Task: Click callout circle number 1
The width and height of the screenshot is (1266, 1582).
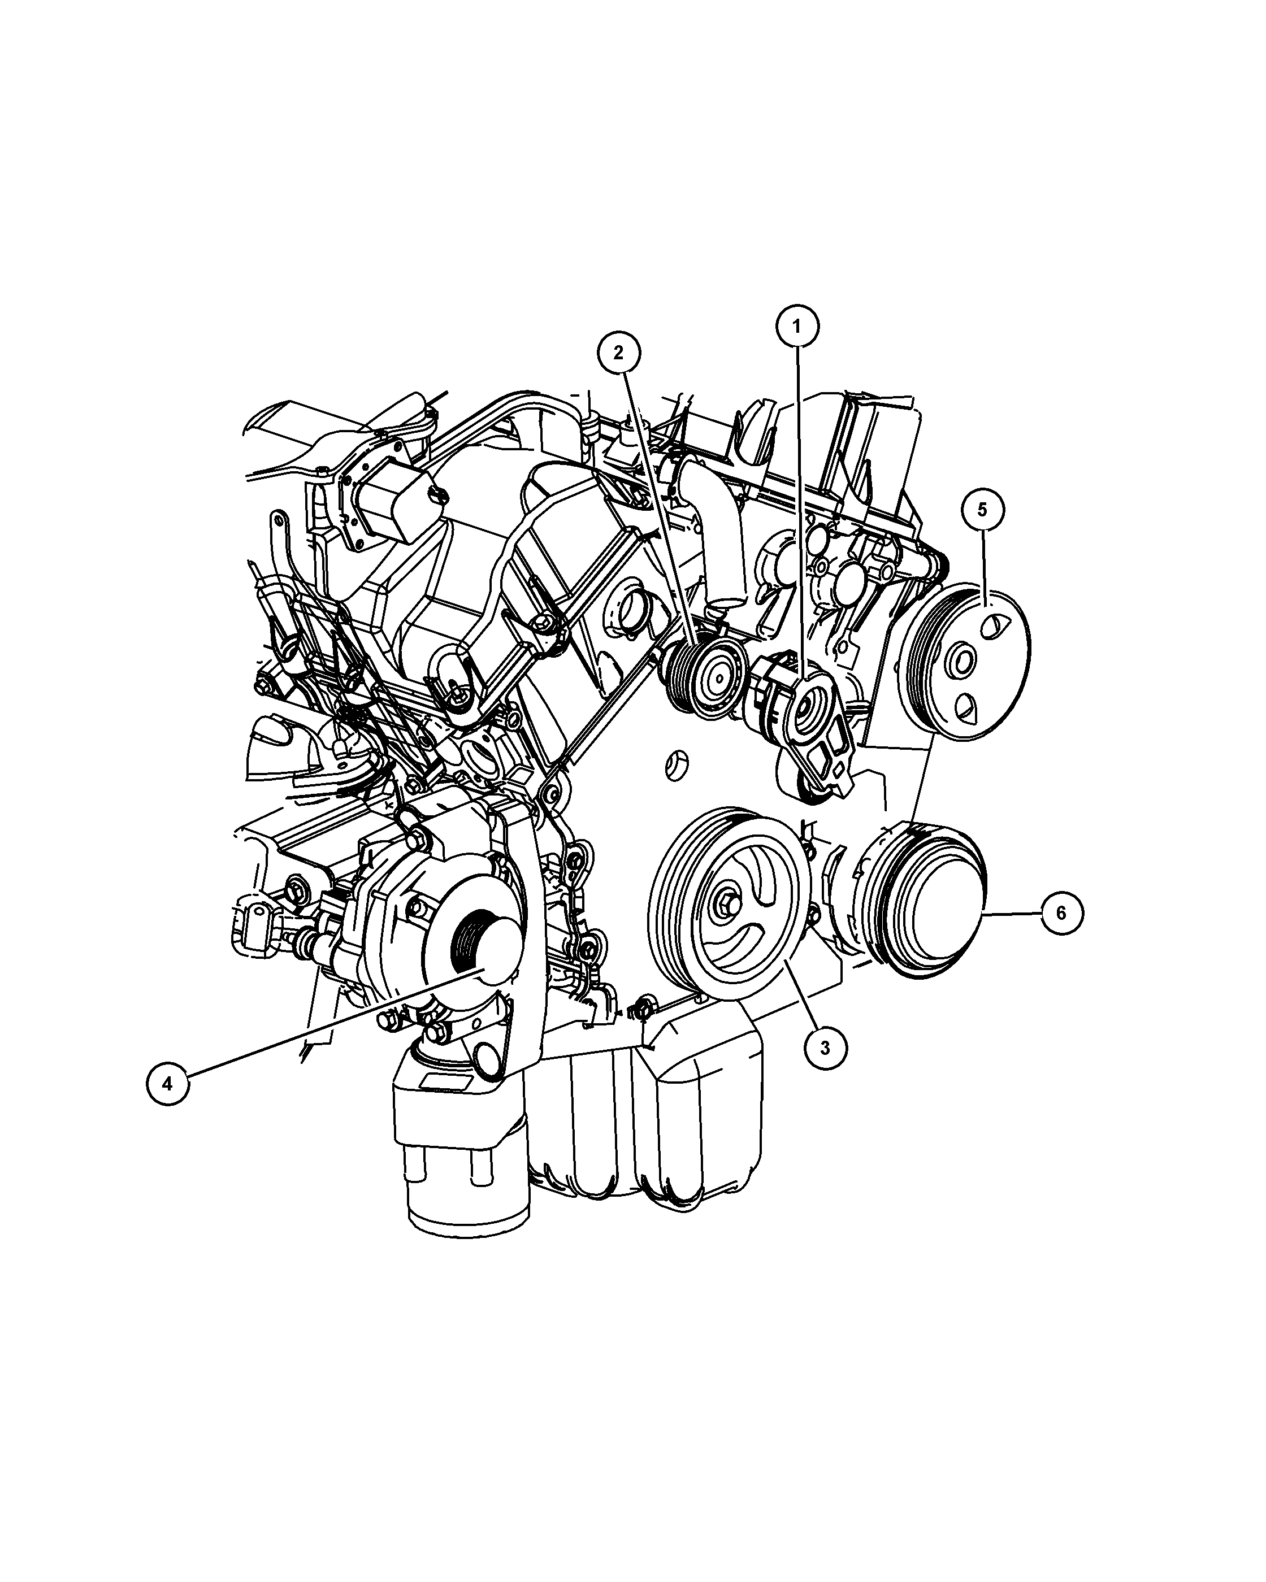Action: coord(799,329)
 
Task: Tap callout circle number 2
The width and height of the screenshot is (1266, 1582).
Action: coord(619,354)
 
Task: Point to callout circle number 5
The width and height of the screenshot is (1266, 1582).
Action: coord(983,508)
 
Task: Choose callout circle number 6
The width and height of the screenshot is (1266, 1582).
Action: coord(1061,913)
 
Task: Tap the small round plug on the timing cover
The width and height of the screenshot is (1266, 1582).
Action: coord(676,766)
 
